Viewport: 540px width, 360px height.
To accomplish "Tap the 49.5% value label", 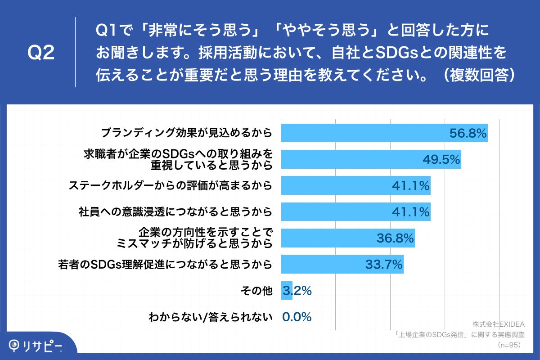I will (441, 159).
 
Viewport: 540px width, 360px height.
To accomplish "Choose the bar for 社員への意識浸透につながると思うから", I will (355, 211).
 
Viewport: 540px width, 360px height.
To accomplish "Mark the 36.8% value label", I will (395, 238).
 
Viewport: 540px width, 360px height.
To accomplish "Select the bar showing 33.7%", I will (342, 265).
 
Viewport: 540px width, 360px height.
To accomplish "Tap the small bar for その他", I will (287, 291).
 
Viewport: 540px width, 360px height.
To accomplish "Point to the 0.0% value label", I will (297, 317).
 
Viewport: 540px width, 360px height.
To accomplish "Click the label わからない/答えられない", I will (211, 317).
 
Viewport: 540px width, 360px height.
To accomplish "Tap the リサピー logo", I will (36, 346).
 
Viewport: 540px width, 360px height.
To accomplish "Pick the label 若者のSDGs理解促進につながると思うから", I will (166, 265).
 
